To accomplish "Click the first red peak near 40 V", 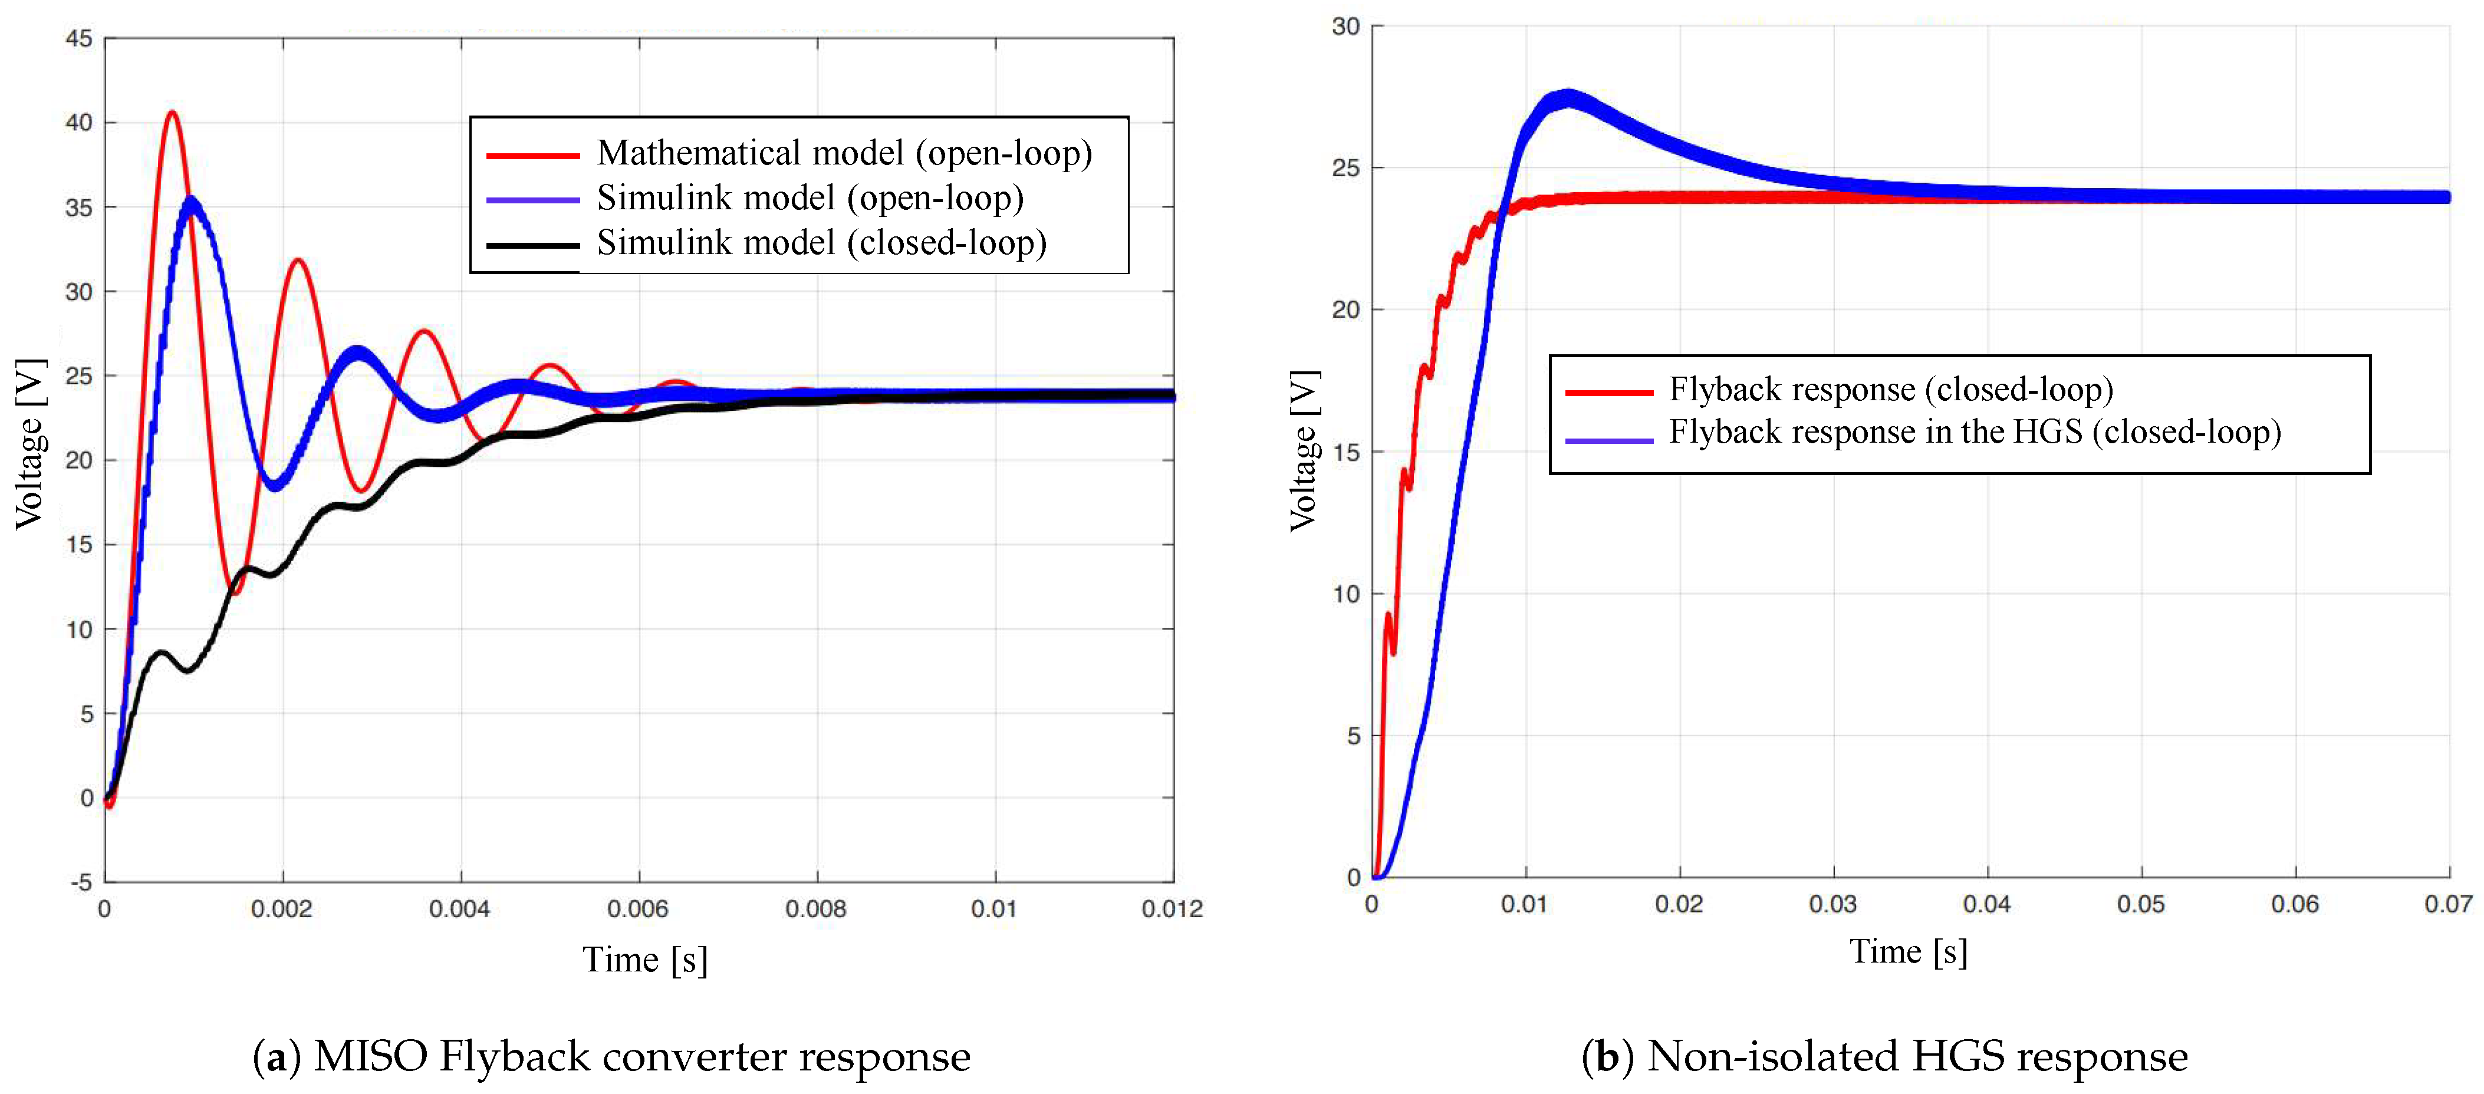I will (x=173, y=114).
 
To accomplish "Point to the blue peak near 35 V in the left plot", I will (x=191, y=202).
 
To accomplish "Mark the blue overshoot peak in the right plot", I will (x=1568, y=99).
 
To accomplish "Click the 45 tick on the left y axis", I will (x=79, y=38).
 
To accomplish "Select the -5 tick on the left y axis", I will (x=81, y=882).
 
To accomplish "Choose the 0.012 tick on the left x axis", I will (x=1172, y=909).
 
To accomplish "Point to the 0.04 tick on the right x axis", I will (x=1986, y=904).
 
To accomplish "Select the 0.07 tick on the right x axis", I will (x=2447, y=904).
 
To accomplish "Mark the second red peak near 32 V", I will (x=298, y=261).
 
